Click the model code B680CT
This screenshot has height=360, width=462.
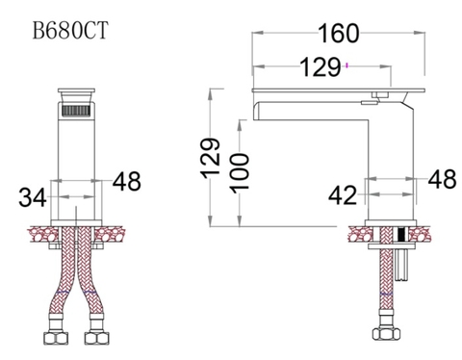[69, 29]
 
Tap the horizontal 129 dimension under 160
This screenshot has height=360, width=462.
[321, 67]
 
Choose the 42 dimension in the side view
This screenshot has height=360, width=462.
[343, 195]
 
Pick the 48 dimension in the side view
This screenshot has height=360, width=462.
[442, 179]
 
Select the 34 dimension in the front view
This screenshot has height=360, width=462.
[33, 197]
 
